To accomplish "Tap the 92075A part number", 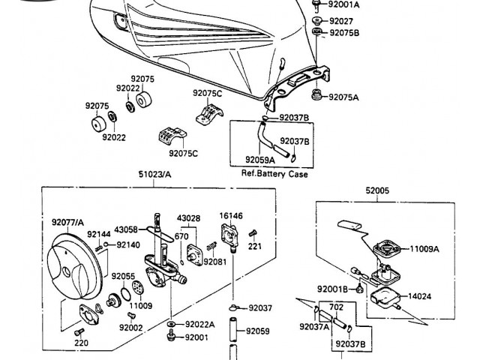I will pyautogui.click(x=344, y=97).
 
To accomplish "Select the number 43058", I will pyautogui.click(x=126, y=229).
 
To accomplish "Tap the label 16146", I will pyautogui.click(x=231, y=215).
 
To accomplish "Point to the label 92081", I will pyautogui.click(x=214, y=262).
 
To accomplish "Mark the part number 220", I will pyautogui.click(x=81, y=343).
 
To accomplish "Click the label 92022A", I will pyautogui.click(x=199, y=324).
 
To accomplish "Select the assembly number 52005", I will pyautogui.click(x=377, y=191).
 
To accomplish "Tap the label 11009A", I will pyautogui.click(x=424, y=248).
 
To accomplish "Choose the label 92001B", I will pyautogui.click(x=332, y=289).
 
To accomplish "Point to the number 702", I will pyautogui.click(x=336, y=307).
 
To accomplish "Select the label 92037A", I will pyautogui.click(x=314, y=326).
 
